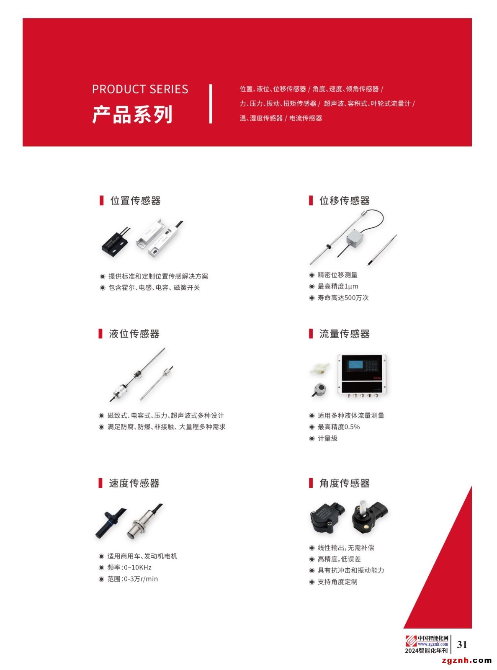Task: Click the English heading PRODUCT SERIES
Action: [140, 89]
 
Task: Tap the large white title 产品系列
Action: [132, 114]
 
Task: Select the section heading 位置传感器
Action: [135, 201]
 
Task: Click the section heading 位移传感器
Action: [344, 201]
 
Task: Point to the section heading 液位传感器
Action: [134, 334]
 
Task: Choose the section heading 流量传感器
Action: [344, 334]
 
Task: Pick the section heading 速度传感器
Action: [134, 483]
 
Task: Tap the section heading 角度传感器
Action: [344, 483]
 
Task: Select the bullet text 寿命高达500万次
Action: [343, 298]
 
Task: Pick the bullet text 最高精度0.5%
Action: [338, 427]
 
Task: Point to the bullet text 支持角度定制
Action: [337, 582]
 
